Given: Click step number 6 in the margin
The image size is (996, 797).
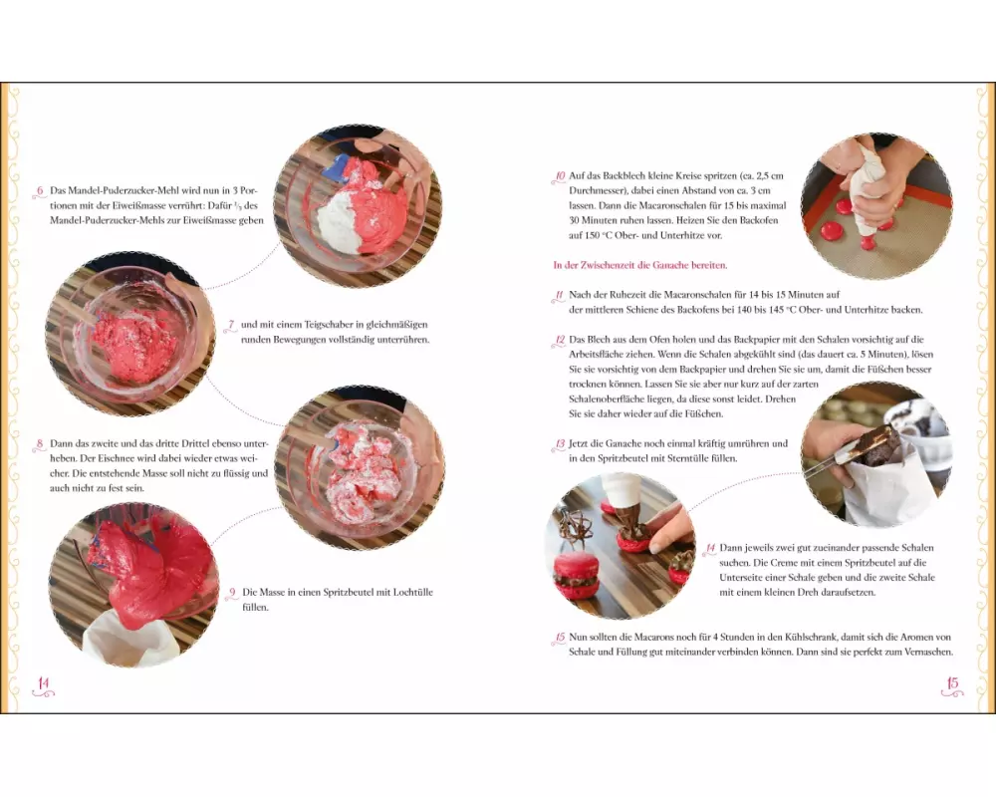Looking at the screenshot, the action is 40,190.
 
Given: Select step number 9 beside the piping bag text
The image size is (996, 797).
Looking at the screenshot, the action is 232,593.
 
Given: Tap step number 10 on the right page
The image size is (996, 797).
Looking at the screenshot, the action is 560,176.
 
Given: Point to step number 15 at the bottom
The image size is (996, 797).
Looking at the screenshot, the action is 560,637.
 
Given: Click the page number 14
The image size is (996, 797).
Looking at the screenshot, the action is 43,683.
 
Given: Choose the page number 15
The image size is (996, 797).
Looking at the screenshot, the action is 952,683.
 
